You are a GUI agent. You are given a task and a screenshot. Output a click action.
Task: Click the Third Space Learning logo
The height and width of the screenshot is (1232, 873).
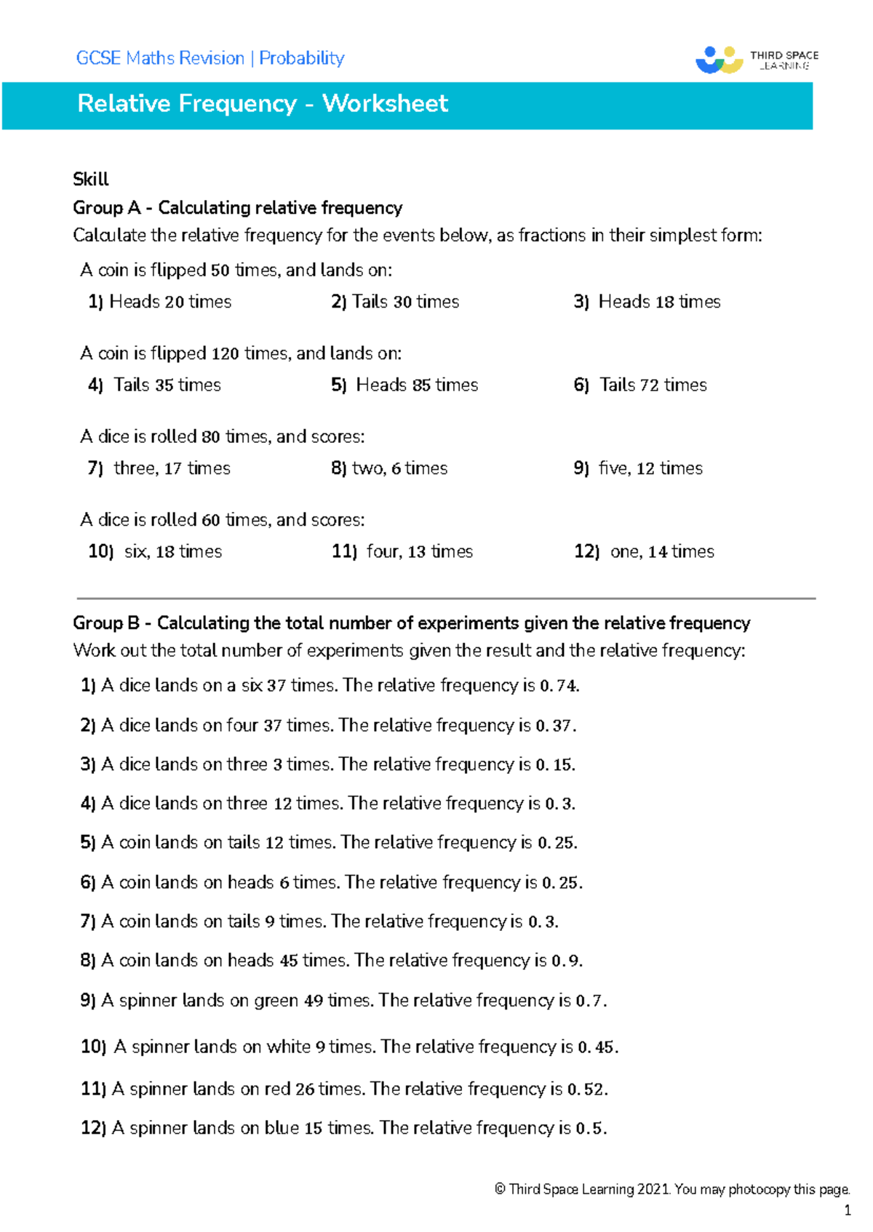(757, 60)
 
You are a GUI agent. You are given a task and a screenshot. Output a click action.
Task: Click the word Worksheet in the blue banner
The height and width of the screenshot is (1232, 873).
(385, 103)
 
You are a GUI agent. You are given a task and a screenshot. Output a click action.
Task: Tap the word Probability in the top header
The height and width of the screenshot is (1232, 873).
(302, 58)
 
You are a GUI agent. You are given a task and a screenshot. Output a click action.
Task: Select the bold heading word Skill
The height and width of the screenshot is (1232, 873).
(90, 180)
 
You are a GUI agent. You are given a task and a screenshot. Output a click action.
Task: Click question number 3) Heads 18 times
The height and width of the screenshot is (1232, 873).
(647, 302)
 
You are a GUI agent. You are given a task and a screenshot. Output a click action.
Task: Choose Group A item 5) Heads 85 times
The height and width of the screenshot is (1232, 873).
(404, 385)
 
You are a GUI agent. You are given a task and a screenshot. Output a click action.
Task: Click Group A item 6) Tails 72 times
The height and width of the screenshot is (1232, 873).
(640, 385)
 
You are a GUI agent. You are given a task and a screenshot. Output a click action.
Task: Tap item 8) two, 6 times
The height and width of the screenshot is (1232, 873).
(389, 468)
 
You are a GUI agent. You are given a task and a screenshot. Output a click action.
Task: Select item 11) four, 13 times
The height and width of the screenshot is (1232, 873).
(402, 552)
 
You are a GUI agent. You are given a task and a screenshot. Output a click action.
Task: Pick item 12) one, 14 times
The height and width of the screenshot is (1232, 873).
(644, 552)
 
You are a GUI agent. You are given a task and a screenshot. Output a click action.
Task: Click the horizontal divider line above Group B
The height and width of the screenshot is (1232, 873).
(445, 599)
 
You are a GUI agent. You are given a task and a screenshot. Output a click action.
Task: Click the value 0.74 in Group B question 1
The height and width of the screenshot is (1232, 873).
(559, 686)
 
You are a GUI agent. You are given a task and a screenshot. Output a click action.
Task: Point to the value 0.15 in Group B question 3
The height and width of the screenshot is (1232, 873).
(555, 765)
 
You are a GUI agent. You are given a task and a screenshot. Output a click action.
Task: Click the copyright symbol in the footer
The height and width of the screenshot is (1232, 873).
(500, 1190)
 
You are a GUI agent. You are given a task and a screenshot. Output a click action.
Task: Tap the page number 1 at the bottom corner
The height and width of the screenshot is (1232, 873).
(847, 1211)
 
